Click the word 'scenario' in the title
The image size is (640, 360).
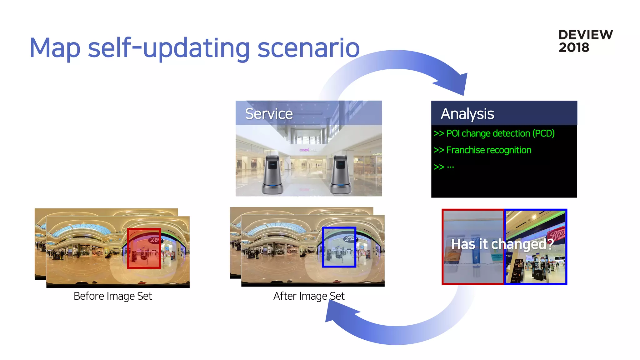pos(308,48)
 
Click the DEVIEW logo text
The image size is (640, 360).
pos(585,35)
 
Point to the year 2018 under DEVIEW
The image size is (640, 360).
pos(574,47)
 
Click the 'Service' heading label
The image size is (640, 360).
pos(269,113)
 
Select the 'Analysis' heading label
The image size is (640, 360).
pos(467,114)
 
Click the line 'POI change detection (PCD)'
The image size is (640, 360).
pos(500,133)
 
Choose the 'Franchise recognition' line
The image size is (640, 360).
pos(488,150)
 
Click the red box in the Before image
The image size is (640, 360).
pos(144,248)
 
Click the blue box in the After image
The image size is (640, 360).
pos(339,247)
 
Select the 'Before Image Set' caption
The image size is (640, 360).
pos(112,296)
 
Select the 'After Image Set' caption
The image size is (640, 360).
pos(309,296)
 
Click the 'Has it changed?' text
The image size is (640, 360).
pos(502,244)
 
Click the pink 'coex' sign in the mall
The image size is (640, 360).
pos(305,150)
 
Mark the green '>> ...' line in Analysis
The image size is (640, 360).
pos(444,167)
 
